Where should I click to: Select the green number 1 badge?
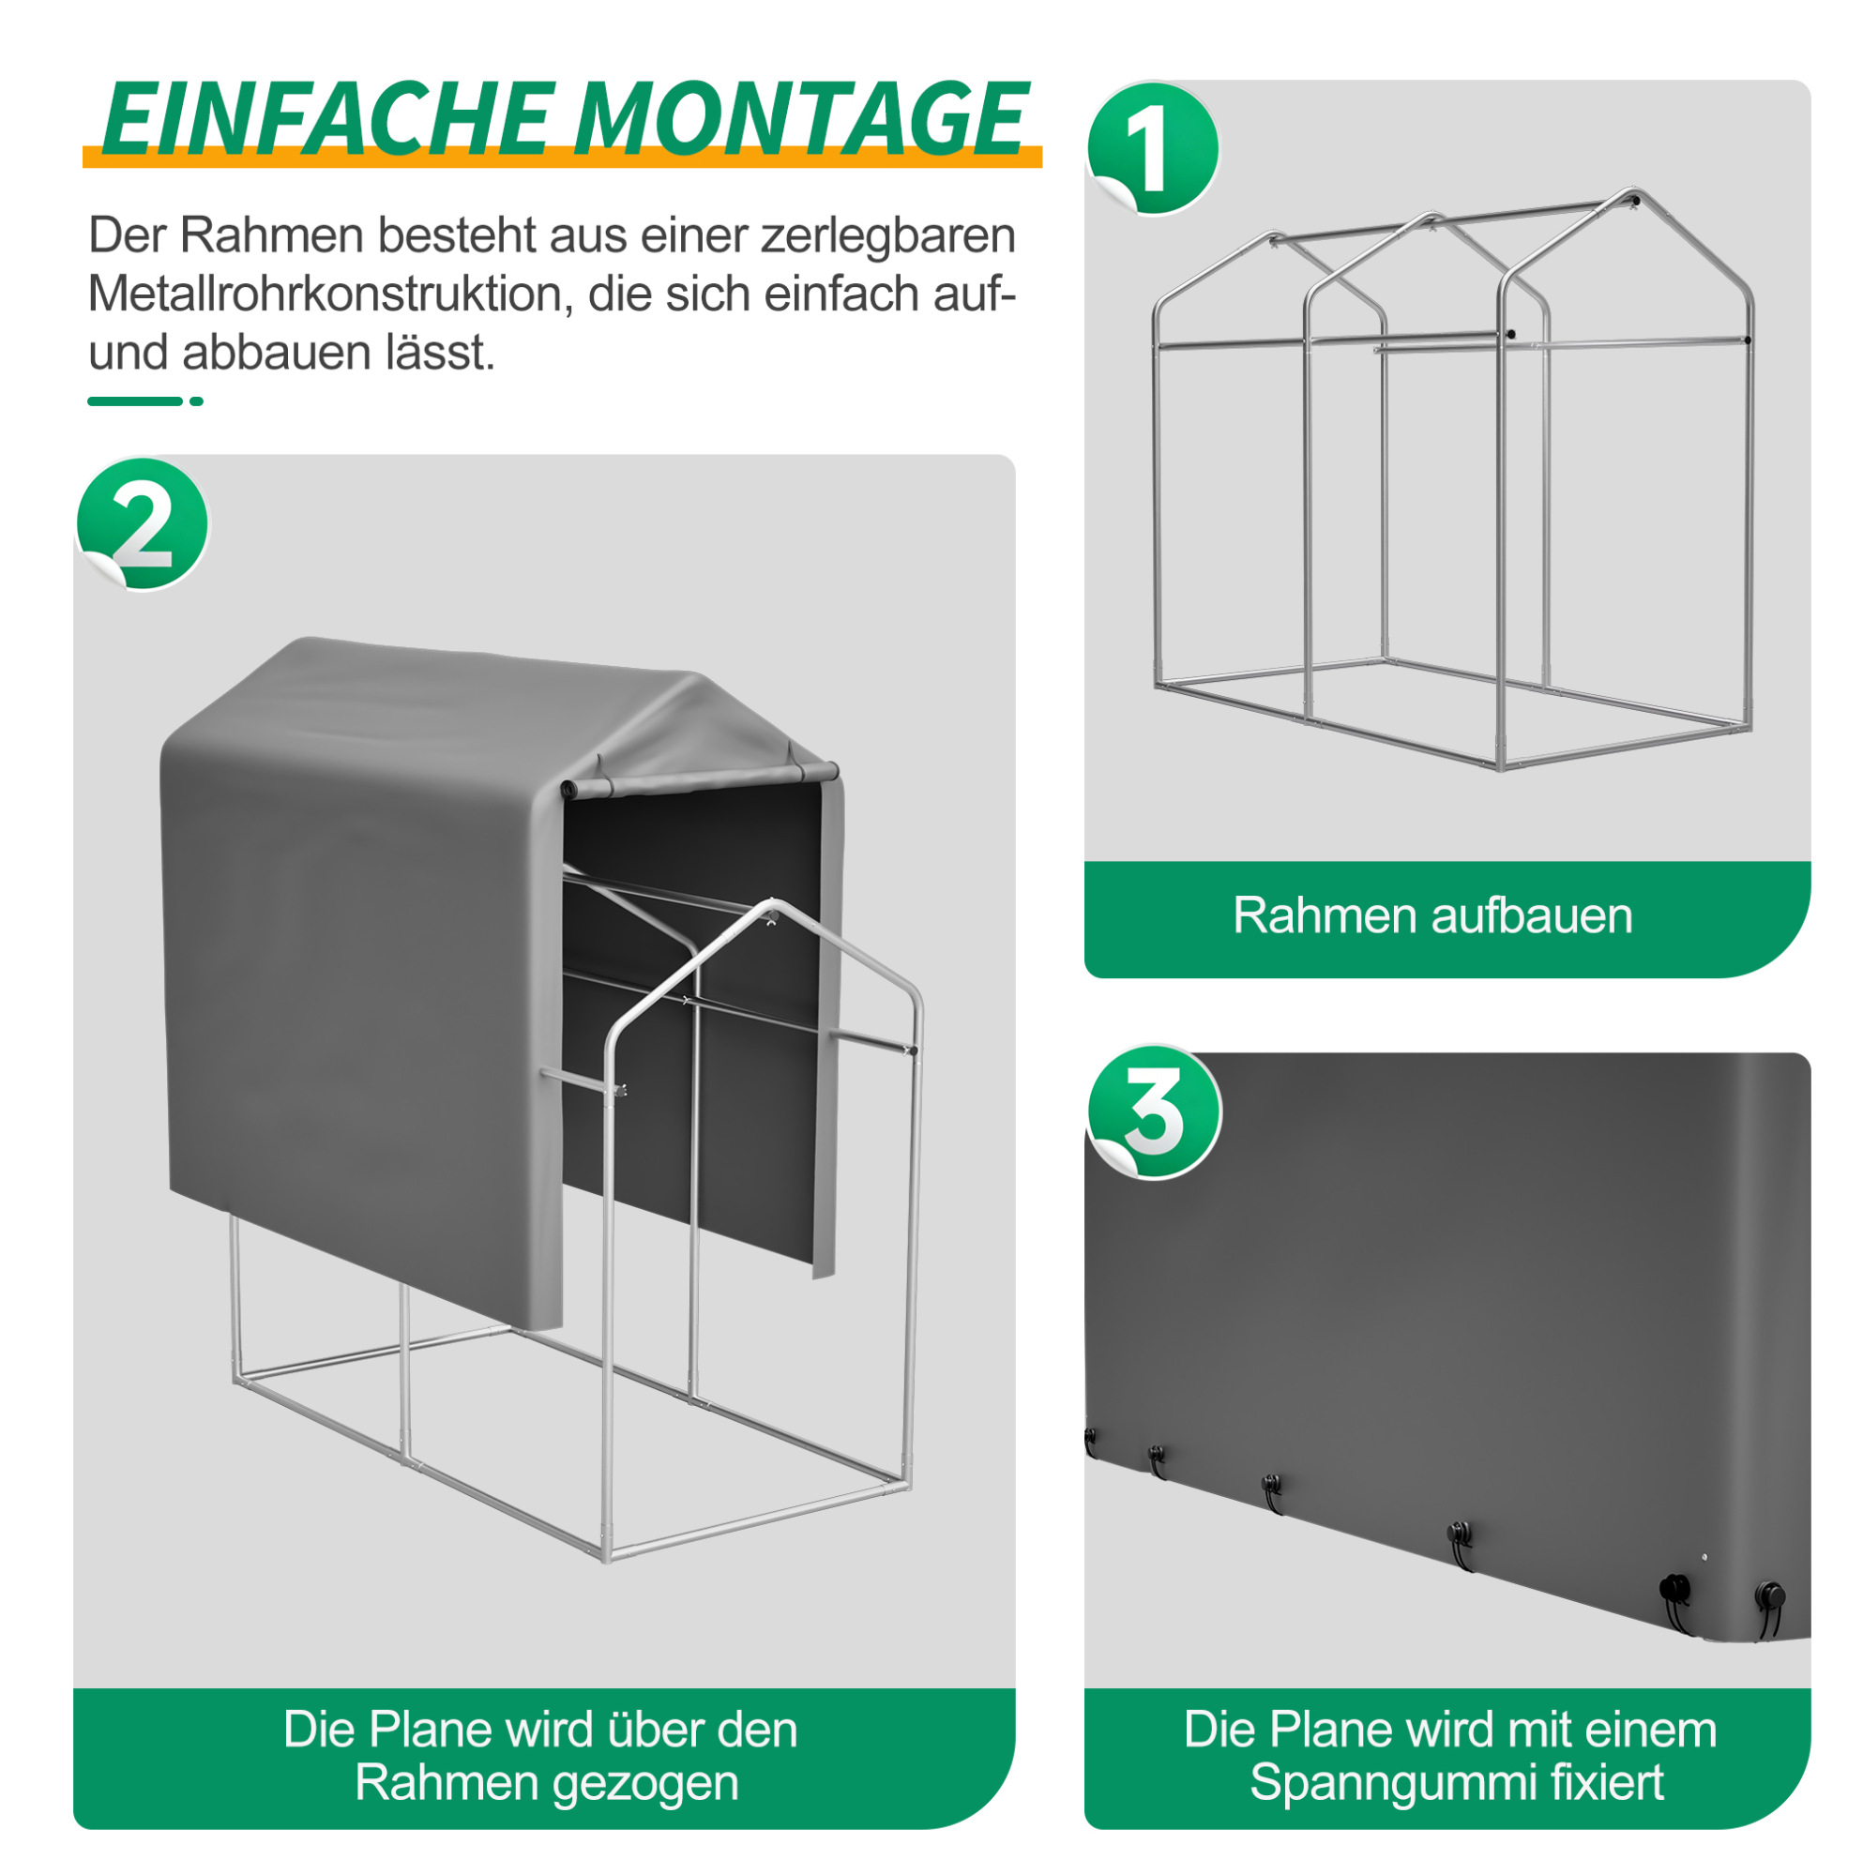(x=1152, y=148)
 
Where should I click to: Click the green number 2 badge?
(x=143, y=523)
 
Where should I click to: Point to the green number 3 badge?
(x=1154, y=1111)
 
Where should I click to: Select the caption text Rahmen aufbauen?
(x=1432, y=915)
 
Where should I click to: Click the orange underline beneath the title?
(x=562, y=157)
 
